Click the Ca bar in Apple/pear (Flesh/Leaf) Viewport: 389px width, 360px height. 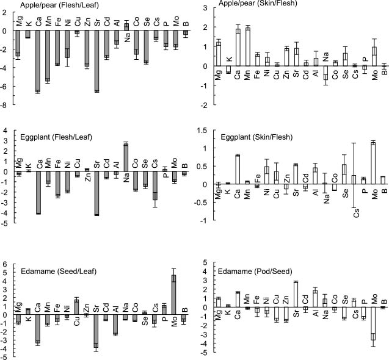(x=38, y=61)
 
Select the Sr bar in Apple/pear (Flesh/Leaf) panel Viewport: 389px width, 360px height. (x=96, y=61)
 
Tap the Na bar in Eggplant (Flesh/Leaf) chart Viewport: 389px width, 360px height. (x=126, y=157)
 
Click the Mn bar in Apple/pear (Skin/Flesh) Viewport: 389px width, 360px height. (x=247, y=47)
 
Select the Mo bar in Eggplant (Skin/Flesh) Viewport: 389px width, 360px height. (x=375, y=163)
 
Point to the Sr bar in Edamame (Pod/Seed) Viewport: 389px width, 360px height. (x=296, y=295)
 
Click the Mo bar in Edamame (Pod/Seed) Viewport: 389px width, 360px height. (x=373, y=323)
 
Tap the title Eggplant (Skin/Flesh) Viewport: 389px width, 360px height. (x=256, y=137)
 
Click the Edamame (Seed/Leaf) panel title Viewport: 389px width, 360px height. (x=59, y=272)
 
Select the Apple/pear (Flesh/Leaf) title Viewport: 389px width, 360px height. (x=60, y=5)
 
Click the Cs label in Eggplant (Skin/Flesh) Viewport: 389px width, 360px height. (x=356, y=213)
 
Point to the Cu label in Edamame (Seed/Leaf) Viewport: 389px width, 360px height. (x=77, y=321)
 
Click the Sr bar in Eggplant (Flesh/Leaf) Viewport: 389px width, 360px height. (x=96, y=193)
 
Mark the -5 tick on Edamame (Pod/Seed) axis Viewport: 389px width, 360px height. (x=205, y=353)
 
